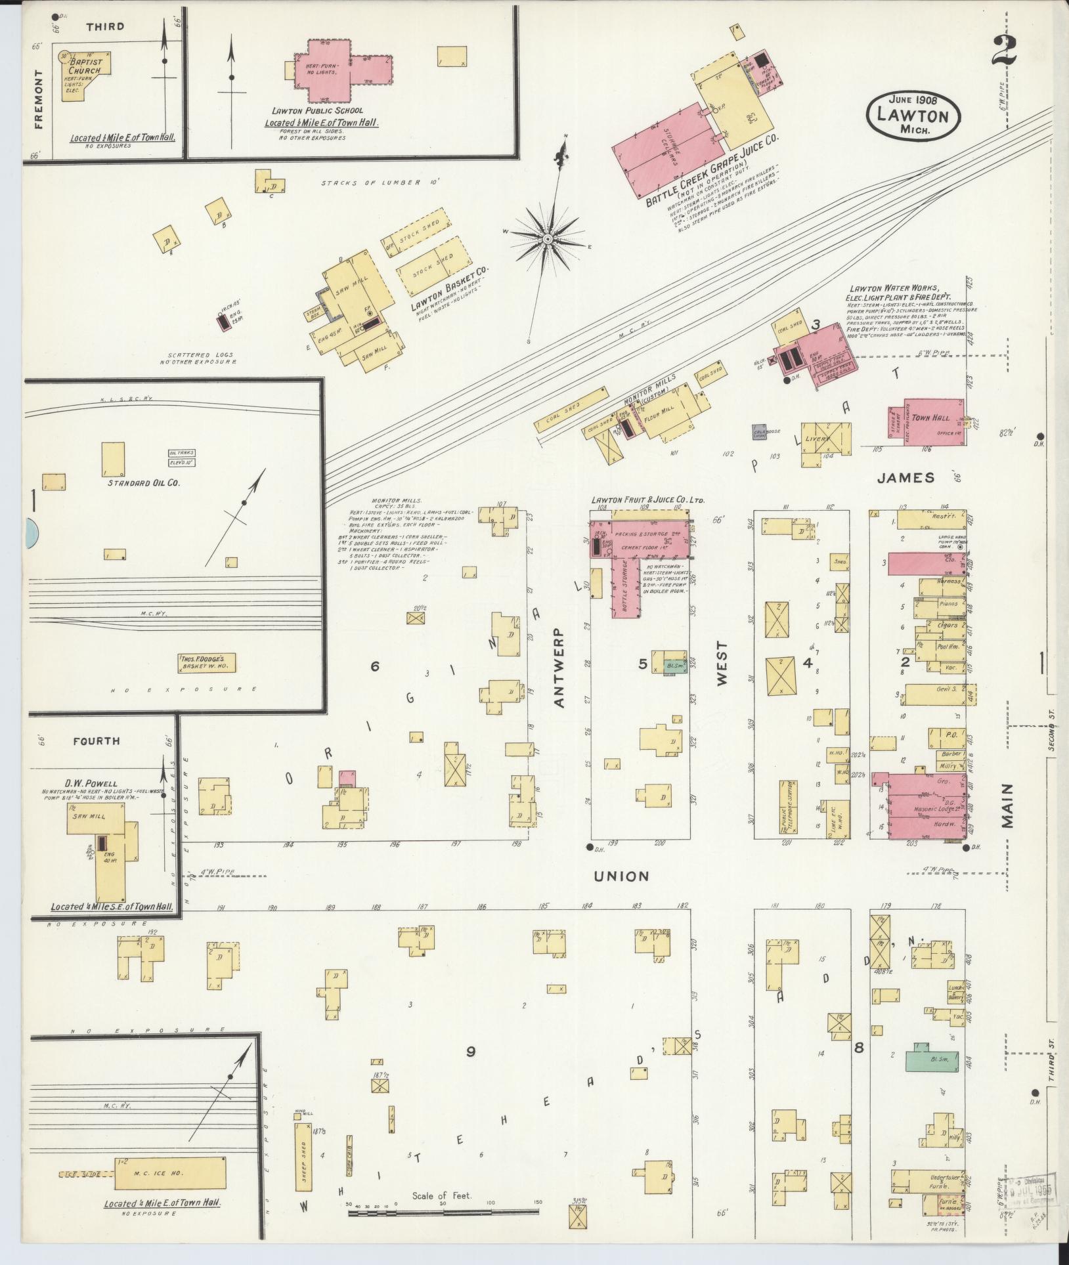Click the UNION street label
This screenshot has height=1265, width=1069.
(621, 876)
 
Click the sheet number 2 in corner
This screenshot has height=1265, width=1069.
(1005, 56)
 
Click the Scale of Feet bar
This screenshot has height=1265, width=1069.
(443, 1210)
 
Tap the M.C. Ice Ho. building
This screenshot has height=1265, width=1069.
(171, 1172)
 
